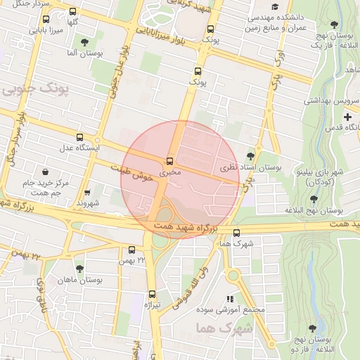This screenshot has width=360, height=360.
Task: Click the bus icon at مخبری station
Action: point(169,161)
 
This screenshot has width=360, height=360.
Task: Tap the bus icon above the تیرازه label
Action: point(152,294)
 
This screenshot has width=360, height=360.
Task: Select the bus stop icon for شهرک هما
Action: point(236,233)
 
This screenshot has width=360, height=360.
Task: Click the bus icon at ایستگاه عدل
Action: point(79,138)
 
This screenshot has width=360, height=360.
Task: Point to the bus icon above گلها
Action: point(72,12)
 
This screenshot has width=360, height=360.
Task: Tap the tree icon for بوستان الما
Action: point(85,42)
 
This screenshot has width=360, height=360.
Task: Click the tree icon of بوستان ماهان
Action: point(79,269)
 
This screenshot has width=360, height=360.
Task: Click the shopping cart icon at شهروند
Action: point(87,193)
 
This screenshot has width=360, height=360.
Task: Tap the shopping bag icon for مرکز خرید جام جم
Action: point(46,172)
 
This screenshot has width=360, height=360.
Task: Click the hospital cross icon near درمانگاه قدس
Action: point(347,116)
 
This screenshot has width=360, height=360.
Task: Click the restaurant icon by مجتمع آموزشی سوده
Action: point(230,298)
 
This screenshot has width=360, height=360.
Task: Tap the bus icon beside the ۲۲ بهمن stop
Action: point(131,249)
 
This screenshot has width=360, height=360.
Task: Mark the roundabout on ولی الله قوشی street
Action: point(233,274)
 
